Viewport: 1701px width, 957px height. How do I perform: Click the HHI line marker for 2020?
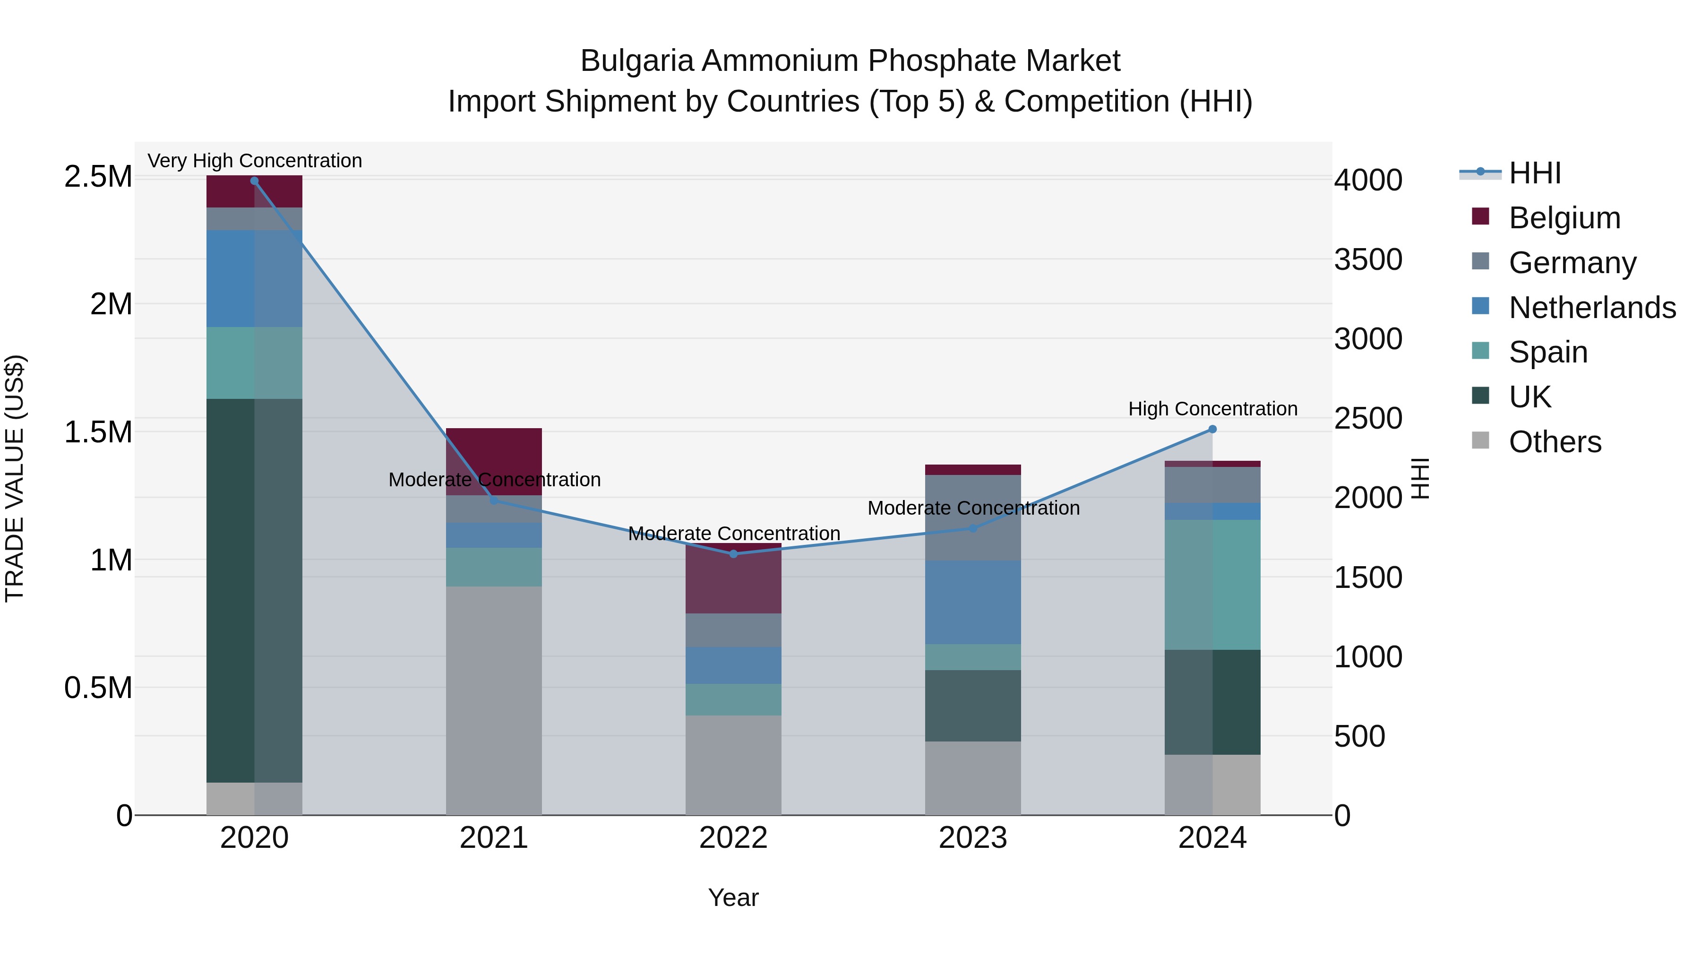tap(254, 181)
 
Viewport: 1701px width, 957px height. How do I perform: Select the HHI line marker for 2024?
tap(1212, 429)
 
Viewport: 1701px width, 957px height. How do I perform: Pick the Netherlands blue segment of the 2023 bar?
tap(973, 603)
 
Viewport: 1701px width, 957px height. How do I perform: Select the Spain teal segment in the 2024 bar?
tap(1212, 585)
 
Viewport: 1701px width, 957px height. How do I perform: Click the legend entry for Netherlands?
tap(1592, 308)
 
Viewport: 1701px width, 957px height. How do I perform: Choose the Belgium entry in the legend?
tap(1564, 218)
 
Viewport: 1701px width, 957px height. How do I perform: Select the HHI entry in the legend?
tap(1535, 173)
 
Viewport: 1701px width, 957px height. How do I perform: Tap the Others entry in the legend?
tap(1555, 442)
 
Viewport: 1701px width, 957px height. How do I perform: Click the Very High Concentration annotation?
tap(254, 161)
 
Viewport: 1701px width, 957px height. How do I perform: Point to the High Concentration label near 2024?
tap(1212, 409)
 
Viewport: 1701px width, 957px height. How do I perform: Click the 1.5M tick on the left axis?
tap(98, 432)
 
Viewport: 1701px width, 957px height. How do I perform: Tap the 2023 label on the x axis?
tap(973, 838)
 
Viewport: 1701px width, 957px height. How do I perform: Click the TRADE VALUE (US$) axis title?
tap(15, 478)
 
